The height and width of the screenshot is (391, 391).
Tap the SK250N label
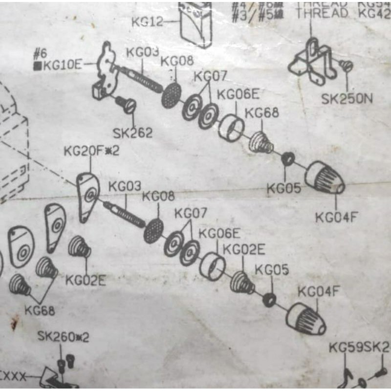click(x=347, y=99)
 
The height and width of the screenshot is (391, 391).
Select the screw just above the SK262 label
click(x=127, y=104)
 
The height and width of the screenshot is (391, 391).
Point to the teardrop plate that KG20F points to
click(x=88, y=196)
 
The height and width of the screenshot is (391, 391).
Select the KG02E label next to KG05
click(x=244, y=250)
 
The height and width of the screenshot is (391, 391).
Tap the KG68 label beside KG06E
click(x=261, y=113)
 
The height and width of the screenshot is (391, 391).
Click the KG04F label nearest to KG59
click(x=318, y=292)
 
